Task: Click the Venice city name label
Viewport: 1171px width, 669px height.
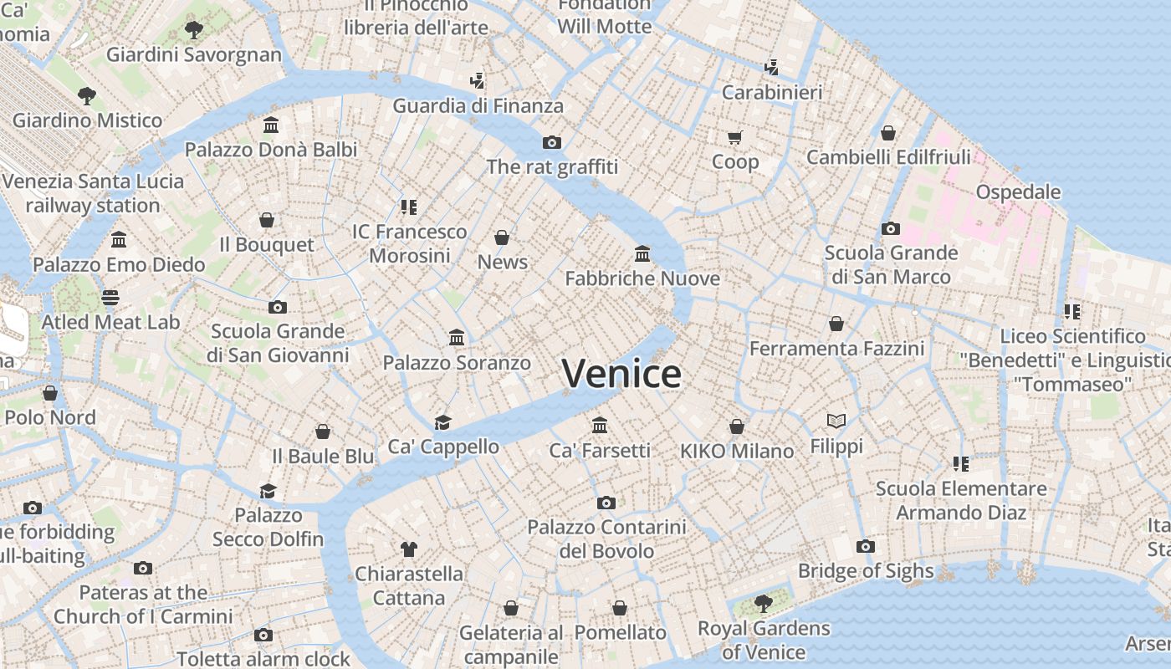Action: coord(621,374)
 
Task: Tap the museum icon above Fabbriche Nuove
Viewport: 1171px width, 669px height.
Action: coord(642,253)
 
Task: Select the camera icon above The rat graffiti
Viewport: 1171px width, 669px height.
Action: coord(552,142)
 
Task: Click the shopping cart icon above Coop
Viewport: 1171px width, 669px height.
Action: coord(735,137)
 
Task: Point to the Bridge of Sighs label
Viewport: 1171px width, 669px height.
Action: coord(866,571)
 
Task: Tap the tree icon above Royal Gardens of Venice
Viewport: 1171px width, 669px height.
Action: coord(763,603)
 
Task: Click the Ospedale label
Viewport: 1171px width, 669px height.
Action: coord(1018,192)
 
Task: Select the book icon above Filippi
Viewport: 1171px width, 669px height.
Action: coord(836,421)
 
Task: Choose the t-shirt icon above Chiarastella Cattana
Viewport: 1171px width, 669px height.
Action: coord(408,549)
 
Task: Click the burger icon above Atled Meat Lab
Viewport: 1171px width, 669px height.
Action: coord(110,297)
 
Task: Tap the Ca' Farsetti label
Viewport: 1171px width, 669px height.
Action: coord(600,450)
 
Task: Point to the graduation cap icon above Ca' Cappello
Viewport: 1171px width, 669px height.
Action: coord(442,422)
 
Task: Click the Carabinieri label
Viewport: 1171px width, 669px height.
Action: coord(772,92)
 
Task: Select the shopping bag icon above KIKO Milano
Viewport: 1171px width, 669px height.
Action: coord(737,427)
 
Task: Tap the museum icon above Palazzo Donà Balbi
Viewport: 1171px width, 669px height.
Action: coord(271,125)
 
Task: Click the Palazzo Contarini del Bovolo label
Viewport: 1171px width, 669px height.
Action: coord(606,539)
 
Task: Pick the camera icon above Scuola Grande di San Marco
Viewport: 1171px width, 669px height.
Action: coord(891,228)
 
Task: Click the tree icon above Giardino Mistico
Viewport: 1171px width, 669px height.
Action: coord(87,95)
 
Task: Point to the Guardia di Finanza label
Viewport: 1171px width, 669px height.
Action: coord(478,105)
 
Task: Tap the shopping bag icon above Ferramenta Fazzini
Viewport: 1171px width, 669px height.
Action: coord(836,324)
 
